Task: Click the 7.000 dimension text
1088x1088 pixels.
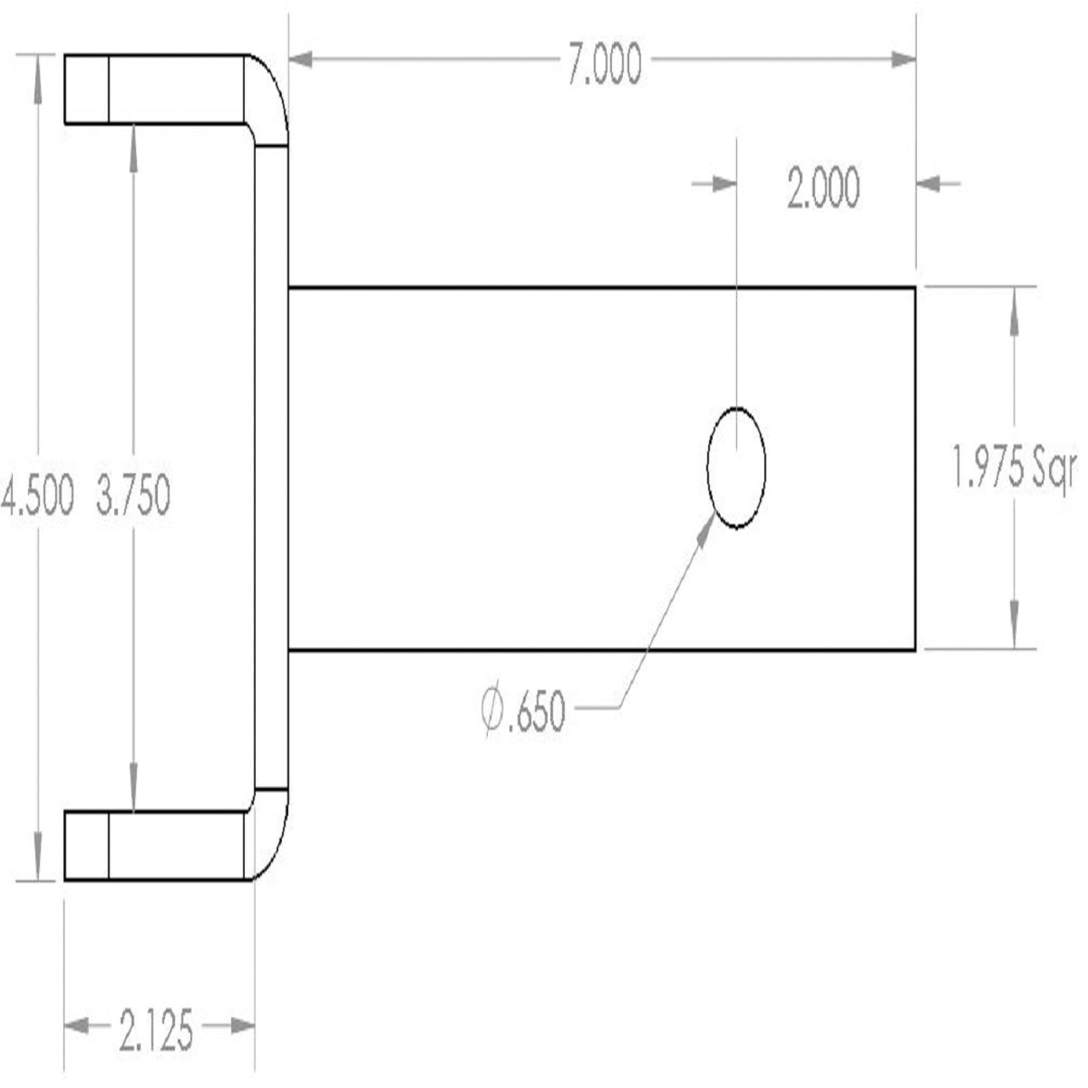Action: click(604, 64)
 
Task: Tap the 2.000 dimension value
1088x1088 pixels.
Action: click(823, 188)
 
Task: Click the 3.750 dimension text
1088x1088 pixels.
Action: click(133, 496)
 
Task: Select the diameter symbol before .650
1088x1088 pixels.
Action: click(494, 712)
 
